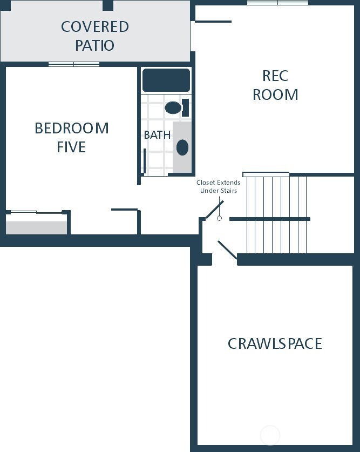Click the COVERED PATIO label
tap(94, 36)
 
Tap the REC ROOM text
tap(275, 85)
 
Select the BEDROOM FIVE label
tap(71, 137)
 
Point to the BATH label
tap(157, 135)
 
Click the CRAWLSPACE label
tap(275, 343)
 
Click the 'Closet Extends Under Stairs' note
tap(218, 186)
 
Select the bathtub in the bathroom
tap(166, 80)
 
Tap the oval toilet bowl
tap(173, 107)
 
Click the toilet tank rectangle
tap(185, 107)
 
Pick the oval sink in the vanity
tap(182, 147)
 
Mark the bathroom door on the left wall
tap(144, 160)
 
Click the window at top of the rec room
tap(277, 3)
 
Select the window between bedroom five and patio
tap(74, 64)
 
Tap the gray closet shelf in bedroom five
tap(37, 227)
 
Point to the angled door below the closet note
tap(214, 210)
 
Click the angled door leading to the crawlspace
tap(227, 251)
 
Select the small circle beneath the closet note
tap(219, 218)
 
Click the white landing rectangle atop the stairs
tap(266, 174)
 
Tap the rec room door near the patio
tap(213, 22)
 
